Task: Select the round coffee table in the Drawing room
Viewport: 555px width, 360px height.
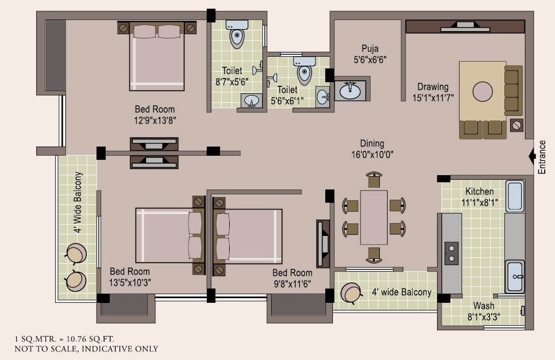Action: click(482, 92)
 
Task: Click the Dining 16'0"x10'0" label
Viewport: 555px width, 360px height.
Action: click(372, 149)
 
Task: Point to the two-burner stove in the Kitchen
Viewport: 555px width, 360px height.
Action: click(451, 253)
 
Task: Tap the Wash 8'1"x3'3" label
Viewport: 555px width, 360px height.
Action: click(483, 311)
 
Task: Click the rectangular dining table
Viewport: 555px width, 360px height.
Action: click(373, 217)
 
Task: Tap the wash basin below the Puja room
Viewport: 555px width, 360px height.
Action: click(350, 91)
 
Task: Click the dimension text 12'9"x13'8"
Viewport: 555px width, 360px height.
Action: click(155, 120)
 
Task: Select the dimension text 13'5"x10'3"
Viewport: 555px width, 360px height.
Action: click(130, 282)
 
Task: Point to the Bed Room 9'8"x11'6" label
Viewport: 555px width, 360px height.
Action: click(292, 278)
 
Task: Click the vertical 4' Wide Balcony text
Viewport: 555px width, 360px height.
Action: click(78, 202)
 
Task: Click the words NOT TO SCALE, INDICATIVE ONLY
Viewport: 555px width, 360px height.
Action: click(86, 349)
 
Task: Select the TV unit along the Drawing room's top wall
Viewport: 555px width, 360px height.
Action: click(465, 27)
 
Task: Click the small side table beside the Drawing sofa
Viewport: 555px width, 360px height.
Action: click(517, 124)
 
